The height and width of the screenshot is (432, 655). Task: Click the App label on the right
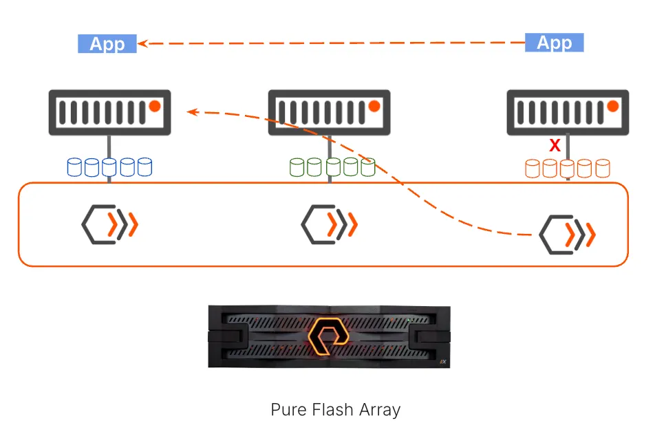554,43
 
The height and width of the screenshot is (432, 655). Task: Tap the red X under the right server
555,145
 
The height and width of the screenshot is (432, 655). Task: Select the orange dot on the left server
155,107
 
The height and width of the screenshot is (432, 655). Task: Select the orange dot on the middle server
374,106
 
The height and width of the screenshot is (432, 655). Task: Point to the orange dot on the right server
612,107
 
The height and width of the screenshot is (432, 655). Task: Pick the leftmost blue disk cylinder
74,166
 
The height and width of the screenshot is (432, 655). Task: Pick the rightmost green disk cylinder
368,166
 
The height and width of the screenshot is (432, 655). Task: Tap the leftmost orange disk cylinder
532,167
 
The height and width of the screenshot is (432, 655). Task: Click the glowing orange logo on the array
329,335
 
